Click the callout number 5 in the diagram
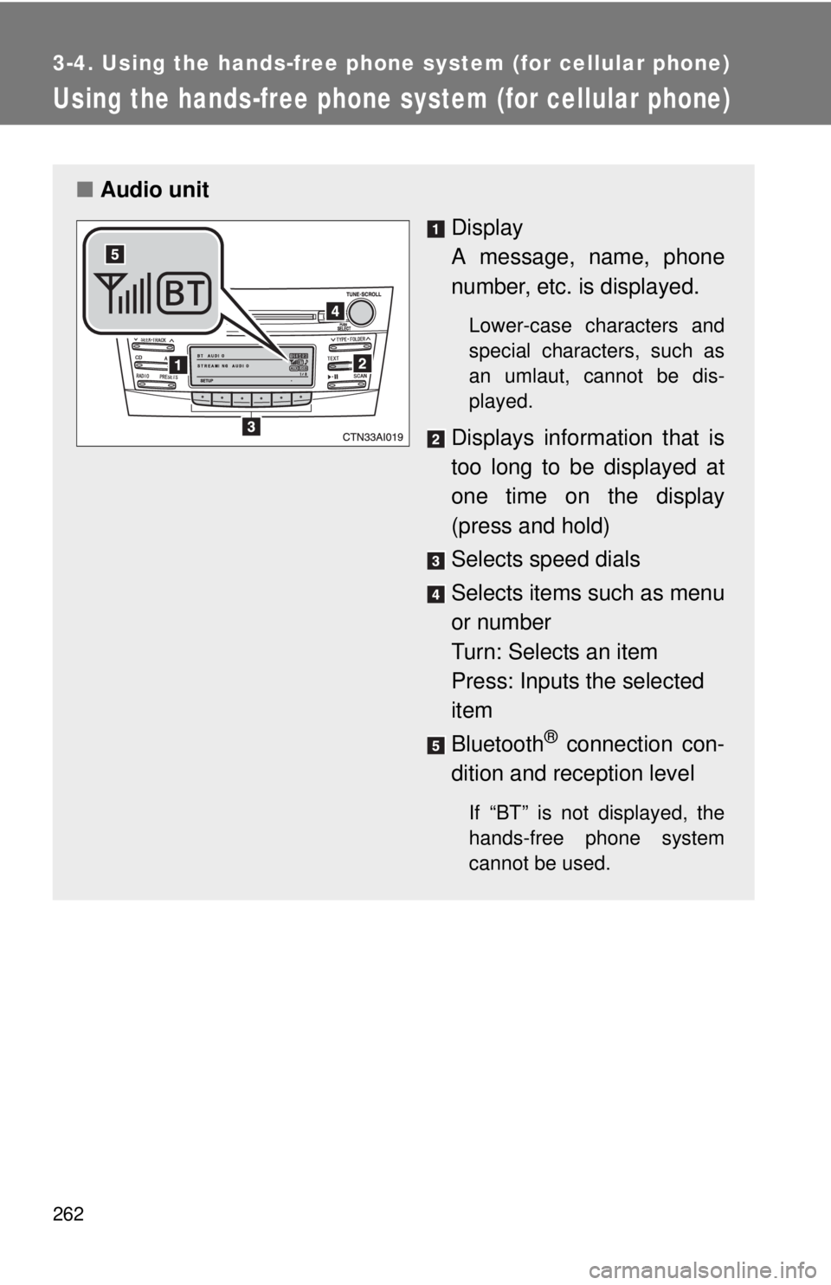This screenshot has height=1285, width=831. pyautogui.click(x=115, y=254)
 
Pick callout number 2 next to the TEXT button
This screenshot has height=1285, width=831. pyautogui.click(x=361, y=364)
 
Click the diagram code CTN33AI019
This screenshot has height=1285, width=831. pyautogui.click(x=372, y=437)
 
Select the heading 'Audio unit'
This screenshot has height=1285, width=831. pyautogui.click(x=154, y=190)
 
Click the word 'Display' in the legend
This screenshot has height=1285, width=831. pyautogui.click(x=486, y=228)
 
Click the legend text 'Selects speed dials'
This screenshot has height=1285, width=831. pyautogui.click(x=545, y=559)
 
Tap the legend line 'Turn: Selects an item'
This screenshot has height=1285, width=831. pyautogui.click(x=554, y=651)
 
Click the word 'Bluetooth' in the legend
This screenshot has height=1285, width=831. pyautogui.click(x=497, y=745)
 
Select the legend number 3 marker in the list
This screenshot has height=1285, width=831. pyautogui.click(x=435, y=561)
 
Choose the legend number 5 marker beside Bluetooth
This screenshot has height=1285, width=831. pyautogui.click(x=435, y=746)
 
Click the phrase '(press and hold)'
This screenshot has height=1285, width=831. pyautogui.click(x=530, y=526)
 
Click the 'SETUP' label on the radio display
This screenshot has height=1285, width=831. pyautogui.click(x=207, y=380)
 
